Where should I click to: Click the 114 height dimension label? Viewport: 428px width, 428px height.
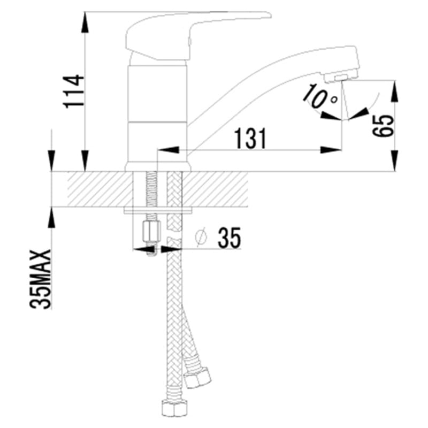(73, 91)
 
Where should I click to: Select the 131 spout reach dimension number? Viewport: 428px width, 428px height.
(251, 139)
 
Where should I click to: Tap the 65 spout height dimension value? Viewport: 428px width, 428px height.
(383, 126)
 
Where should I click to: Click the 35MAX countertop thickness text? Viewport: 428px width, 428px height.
(41, 279)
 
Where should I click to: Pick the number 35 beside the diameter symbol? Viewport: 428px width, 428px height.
(229, 238)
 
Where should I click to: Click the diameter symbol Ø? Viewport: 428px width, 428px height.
(201, 237)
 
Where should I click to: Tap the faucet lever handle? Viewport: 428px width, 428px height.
(191, 34)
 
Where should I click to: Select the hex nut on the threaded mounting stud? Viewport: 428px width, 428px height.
(151, 232)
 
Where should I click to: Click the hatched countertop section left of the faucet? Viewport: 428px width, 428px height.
(100, 189)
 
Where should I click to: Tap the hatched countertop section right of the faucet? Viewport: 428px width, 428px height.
(216, 189)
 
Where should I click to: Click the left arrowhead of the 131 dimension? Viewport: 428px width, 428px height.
(169, 150)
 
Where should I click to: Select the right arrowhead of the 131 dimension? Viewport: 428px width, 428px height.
(331, 150)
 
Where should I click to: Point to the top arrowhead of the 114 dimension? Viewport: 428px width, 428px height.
(86, 22)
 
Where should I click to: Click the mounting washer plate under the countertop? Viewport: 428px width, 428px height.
(158, 210)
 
